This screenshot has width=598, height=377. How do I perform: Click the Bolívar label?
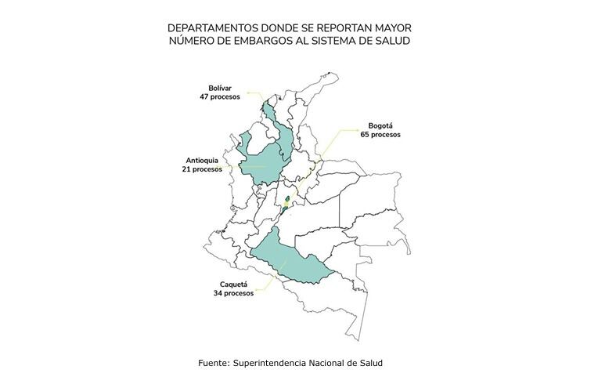pyautogui.click(x=221, y=88)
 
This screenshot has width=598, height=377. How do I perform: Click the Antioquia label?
pyautogui.click(x=204, y=159)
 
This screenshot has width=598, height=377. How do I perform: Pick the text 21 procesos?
pyautogui.click(x=203, y=169)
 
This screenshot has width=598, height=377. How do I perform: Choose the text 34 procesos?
pyautogui.click(x=233, y=293)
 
